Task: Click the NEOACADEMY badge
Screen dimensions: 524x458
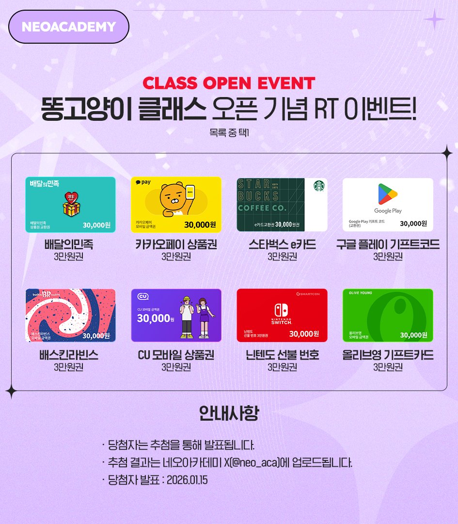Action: [69, 27]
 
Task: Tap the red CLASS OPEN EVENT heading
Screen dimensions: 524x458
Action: [229, 83]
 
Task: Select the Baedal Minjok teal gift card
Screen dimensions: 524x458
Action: [70, 205]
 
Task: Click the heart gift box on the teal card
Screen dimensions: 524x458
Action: [71, 203]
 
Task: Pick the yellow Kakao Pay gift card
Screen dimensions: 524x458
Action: [176, 205]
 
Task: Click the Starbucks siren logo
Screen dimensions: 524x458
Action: [318, 186]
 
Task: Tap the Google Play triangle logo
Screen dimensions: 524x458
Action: [388, 196]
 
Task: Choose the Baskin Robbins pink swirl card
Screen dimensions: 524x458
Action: [70, 315]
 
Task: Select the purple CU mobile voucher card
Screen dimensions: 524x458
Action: [176, 315]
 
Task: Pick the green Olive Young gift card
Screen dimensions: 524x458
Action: [388, 315]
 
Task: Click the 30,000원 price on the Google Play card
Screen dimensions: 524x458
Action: [413, 224]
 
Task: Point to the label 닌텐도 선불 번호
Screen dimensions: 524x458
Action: [282, 355]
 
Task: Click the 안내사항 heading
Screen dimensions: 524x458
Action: [229, 413]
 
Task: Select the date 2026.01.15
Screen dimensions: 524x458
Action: [187, 480]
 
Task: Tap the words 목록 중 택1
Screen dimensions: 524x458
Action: [229, 131]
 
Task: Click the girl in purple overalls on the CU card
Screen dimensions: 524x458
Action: [204, 315]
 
